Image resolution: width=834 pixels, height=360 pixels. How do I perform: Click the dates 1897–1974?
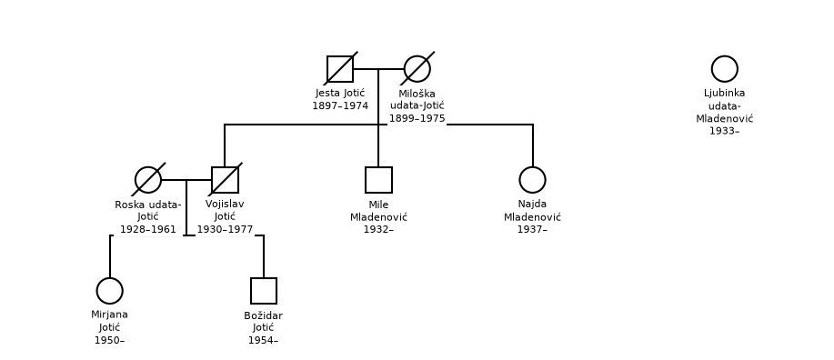340,105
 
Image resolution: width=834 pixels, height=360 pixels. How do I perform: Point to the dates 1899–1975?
417,118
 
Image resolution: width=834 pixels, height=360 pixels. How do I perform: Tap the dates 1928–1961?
148,229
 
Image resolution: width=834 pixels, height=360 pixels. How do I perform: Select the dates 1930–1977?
225,229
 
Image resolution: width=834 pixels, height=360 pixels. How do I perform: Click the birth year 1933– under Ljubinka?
725,131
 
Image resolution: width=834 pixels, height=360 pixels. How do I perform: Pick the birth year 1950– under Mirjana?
109,340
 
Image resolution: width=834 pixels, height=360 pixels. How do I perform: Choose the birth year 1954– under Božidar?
263,340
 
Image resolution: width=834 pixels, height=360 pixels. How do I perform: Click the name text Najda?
532,205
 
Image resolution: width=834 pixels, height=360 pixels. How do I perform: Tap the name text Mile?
378,205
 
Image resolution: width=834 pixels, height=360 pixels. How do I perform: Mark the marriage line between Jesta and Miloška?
378,69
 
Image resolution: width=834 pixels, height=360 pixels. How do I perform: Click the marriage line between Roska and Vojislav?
186,180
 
